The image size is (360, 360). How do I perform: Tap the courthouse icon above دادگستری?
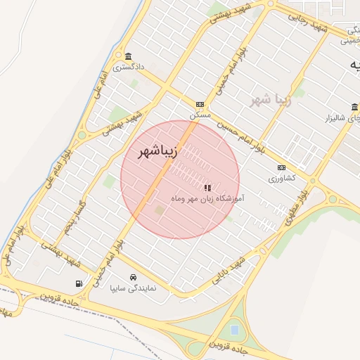128,56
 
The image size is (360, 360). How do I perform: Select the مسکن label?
200,113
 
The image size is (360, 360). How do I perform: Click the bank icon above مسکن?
200,103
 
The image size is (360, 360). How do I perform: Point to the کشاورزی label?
283,178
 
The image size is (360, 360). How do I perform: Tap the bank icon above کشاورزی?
282,167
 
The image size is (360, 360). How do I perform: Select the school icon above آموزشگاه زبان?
207,188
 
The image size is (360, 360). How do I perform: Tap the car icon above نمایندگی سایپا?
134,276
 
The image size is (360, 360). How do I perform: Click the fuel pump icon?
77,283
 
